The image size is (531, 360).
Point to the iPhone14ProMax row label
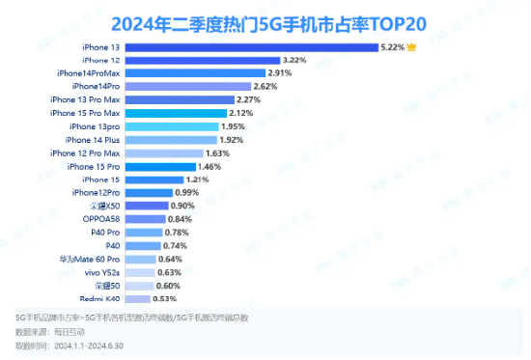tap(89, 73)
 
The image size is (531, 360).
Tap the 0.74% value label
tap(177, 246)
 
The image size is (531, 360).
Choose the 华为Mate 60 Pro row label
tap(90, 260)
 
